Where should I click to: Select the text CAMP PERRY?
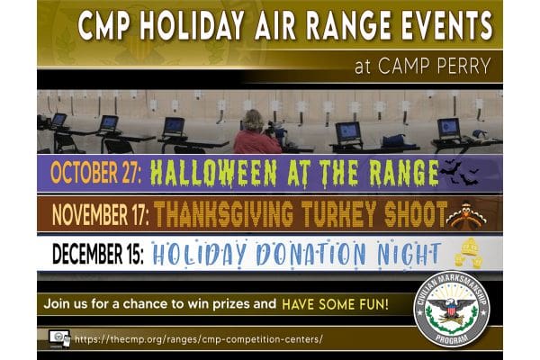[x=435, y=66]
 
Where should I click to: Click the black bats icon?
[x=459, y=172]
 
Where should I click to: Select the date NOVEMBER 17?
[x=101, y=214]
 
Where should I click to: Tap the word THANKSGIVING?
[x=224, y=214]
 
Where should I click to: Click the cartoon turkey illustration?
[x=466, y=215]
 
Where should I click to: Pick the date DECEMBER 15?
[x=98, y=254]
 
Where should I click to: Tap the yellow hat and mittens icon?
[x=468, y=253]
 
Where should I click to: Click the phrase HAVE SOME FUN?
[x=335, y=304]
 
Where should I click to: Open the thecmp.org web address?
[x=199, y=339]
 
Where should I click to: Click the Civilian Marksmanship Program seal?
[x=451, y=309]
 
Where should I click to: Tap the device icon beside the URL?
[x=59, y=339]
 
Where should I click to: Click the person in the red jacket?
[x=256, y=132]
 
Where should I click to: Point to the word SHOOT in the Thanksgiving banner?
[x=415, y=214]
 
